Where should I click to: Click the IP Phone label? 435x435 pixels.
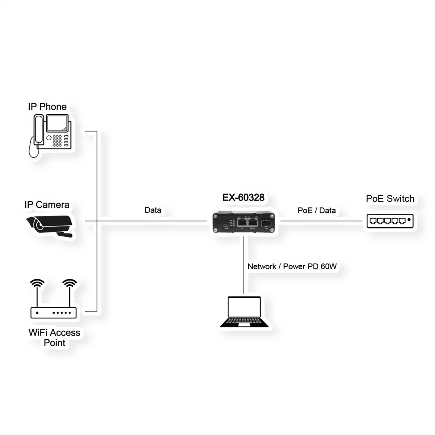pos(47,107)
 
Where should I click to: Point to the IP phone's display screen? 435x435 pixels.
pos(57,124)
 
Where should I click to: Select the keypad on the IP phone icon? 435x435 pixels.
pos(57,141)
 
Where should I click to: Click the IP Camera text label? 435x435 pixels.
pos(47,204)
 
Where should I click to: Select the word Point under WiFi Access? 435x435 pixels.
pos(54,343)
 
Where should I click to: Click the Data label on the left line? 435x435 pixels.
pos(153,210)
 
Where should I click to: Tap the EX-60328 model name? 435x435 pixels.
pos(243,198)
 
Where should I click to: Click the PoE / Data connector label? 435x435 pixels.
pos(316,211)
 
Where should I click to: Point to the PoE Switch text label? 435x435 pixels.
pos(390,199)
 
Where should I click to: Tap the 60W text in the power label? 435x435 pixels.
pos(328,266)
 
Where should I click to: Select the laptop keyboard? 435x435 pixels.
pos(244,323)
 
